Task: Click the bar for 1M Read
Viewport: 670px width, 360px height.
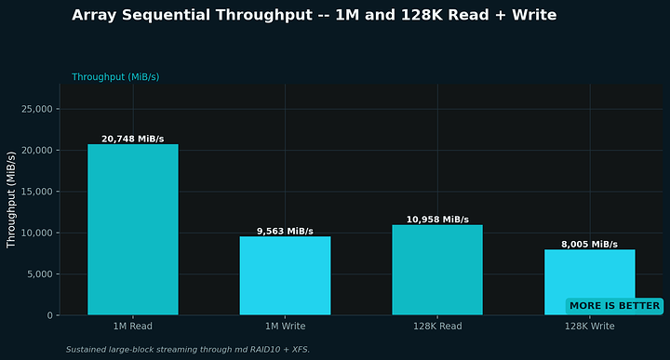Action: [133, 230]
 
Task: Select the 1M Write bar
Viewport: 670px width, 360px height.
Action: [285, 275]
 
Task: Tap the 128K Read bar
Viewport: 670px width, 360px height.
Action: [437, 270]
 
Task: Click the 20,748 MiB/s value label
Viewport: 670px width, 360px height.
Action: [133, 139]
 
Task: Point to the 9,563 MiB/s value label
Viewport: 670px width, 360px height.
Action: [285, 231]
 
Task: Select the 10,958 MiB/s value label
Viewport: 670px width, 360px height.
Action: [437, 220]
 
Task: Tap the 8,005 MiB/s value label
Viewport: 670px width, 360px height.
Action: [590, 245]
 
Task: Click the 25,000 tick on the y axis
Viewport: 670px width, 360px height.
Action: [37, 109]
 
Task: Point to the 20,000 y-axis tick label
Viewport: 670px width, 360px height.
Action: [37, 151]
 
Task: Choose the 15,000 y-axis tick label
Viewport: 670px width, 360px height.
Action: [37, 192]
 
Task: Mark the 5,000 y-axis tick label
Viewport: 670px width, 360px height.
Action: [40, 273]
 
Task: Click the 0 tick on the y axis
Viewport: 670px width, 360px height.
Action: [50, 315]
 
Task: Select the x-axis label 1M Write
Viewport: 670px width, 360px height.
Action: [285, 327]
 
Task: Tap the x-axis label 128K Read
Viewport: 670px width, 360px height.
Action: [437, 327]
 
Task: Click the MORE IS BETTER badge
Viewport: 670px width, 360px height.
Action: [614, 306]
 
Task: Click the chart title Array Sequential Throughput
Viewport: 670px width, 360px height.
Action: [315, 15]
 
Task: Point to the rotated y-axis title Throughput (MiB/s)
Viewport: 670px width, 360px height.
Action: [10, 199]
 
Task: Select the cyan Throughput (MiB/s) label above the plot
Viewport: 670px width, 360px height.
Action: [115, 77]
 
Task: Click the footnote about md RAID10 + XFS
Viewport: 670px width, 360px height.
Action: [188, 350]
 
